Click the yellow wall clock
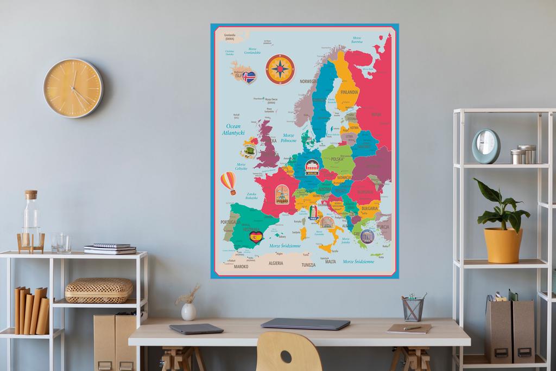[x=73, y=88]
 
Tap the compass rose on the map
[x=280, y=69]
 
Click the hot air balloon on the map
[x=229, y=182]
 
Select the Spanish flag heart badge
[x=256, y=236]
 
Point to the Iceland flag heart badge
[x=249, y=77]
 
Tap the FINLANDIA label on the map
[x=350, y=92]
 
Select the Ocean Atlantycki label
[x=234, y=129]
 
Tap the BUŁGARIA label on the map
[x=369, y=208]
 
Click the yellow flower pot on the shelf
[x=502, y=245]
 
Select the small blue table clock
[x=485, y=146]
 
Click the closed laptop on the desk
[x=305, y=324]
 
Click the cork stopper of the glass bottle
[x=31, y=194]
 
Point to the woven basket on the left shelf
[x=99, y=290]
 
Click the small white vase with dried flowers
[x=188, y=311]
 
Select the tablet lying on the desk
[x=196, y=328]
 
